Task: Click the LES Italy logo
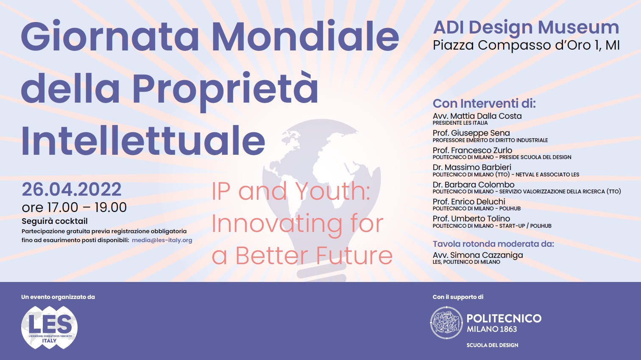click(49, 327)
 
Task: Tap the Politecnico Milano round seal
click(446, 323)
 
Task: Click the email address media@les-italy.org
click(162, 240)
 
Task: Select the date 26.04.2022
click(72, 190)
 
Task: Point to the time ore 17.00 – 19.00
click(74, 207)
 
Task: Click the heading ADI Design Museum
click(526, 28)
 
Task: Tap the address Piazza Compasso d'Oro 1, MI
click(526, 45)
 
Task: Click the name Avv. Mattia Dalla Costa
click(477, 116)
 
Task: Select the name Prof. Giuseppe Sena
click(471, 133)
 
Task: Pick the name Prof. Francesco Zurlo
click(472, 150)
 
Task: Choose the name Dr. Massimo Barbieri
click(471, 167)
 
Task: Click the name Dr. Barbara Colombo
click(473, 184)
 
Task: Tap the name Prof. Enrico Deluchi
click(469, 201)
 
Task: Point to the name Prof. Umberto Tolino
click(471, 219)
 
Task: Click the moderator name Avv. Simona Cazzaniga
click(478, 255)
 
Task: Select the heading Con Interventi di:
click(484, 103)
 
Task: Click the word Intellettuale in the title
click(143, 141)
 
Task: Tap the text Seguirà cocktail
click(55, 221)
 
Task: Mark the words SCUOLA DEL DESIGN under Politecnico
click(492, 345)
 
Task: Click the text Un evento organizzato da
click(58, 297)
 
